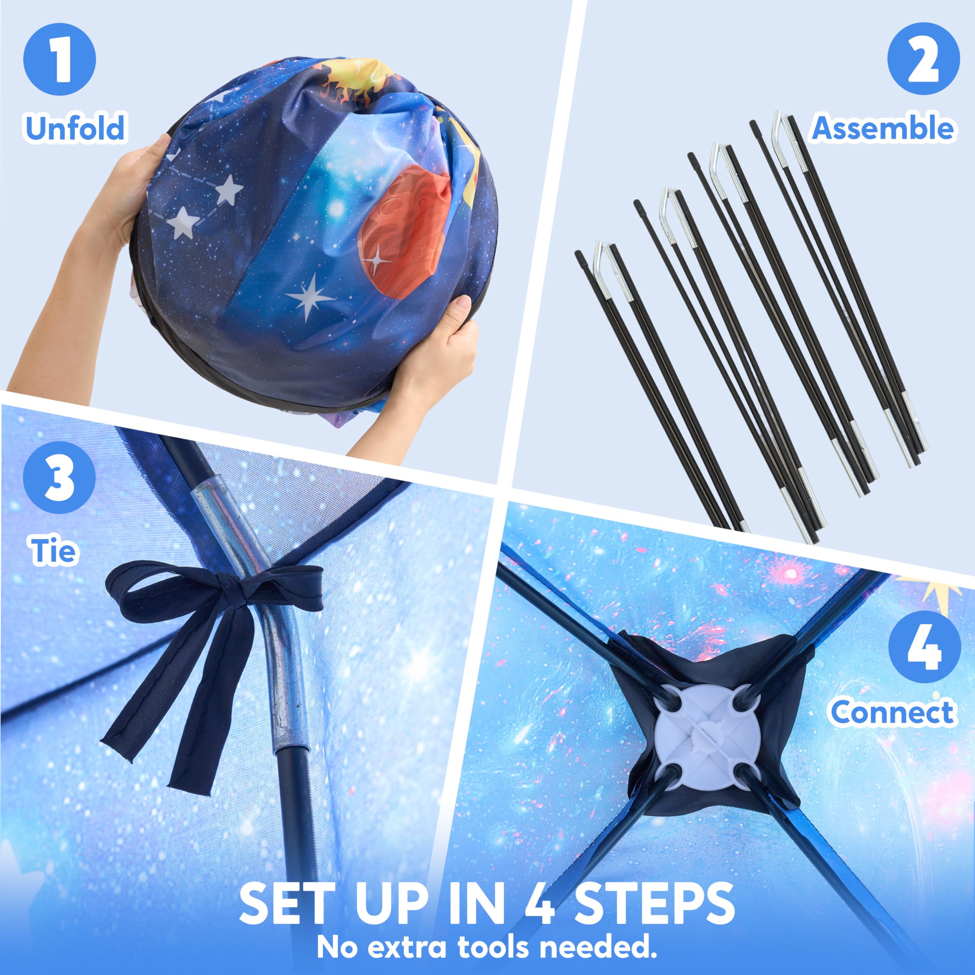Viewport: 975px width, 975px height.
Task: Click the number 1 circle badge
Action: [59, 59]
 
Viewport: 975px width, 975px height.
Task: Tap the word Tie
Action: [54, 550]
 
